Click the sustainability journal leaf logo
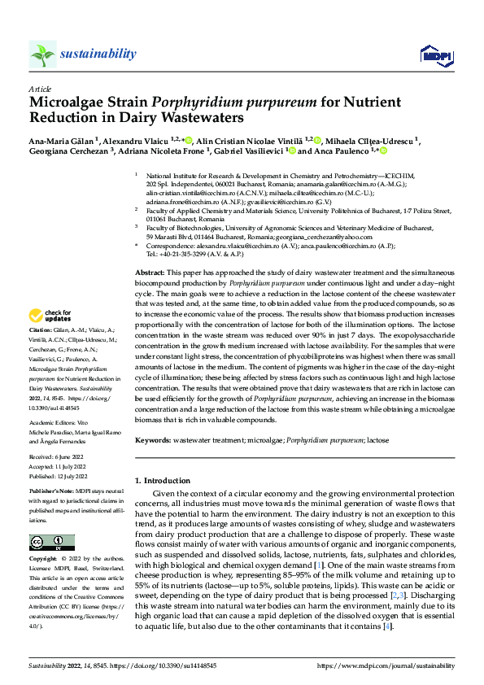point(42,54)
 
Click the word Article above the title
point(39,89)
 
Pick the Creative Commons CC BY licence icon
point(52,543)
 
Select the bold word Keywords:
point(152,440)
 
